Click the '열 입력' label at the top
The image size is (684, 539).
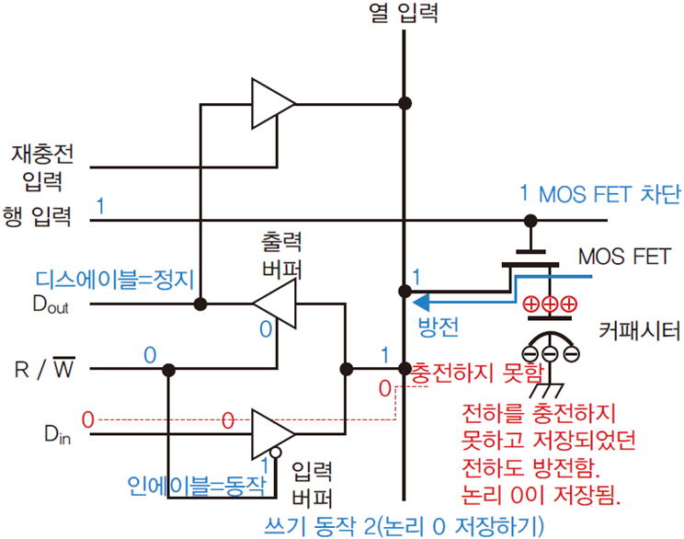404,14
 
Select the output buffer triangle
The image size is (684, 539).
274,304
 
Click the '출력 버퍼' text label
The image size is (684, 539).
282,256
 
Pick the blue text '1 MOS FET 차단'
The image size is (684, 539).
598,195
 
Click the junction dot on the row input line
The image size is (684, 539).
530,221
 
